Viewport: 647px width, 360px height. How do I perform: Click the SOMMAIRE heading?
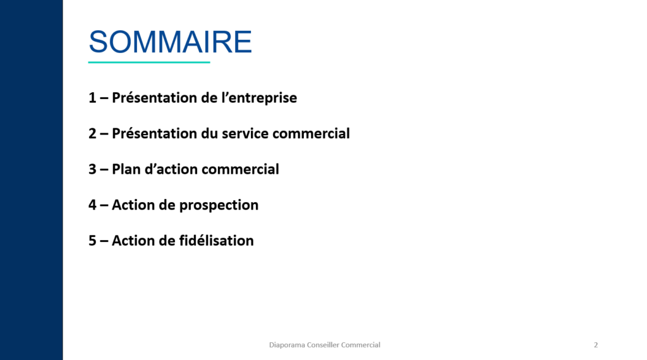pos(170,42)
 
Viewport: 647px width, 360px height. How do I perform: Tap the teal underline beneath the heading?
pos(149,63)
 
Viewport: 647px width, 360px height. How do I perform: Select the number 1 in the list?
pos(92,99)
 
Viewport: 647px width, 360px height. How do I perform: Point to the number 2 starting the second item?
pos(92,134)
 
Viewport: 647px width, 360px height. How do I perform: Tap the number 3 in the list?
pos(92,169)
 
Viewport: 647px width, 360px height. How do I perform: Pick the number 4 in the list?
pos(92,205)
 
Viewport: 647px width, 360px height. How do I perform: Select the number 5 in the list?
pos(92,241)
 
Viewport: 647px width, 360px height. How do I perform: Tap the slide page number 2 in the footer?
pos(596,345)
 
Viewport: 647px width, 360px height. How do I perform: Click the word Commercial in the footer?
pos(361,345)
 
